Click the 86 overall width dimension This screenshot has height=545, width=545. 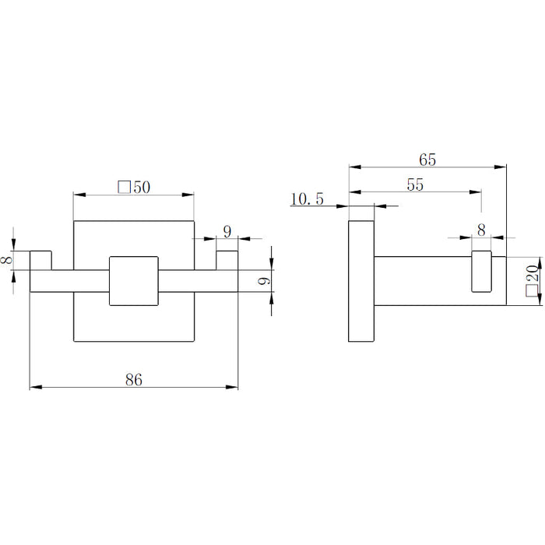(134, 380)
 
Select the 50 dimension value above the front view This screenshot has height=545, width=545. (142, 188)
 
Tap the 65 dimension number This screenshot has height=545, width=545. (427, 160)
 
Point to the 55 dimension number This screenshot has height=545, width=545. (415, 185)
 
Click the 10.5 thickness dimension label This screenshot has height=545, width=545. (307, 199)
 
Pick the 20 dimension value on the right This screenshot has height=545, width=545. (533, 273)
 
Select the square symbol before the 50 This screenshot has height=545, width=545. (124, 187)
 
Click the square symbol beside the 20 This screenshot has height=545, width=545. (532, 290)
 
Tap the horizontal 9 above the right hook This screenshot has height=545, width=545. (227, 231)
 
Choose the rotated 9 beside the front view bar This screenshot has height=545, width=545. (264, 281)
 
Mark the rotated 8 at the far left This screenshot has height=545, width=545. (7, 259)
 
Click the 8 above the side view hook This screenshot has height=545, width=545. (481, 230)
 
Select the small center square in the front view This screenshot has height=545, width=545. (134, 281)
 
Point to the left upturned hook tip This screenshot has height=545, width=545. (40, 260)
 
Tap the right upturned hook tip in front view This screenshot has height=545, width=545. (227, 260)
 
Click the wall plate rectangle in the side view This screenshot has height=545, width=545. (361, 281)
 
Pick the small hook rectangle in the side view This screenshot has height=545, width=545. (481, 271)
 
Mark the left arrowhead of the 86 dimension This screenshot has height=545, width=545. (36, 387)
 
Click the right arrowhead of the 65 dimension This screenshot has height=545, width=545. (500, 167)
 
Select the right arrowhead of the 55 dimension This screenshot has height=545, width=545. (475, 192)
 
